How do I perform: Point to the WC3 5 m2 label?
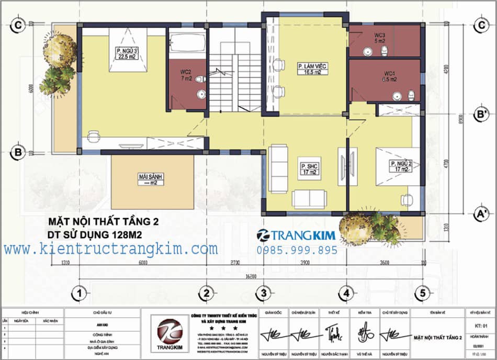[x=380, y=38]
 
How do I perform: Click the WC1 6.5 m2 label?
[x=390, y=76]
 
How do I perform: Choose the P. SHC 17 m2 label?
[x=310, y=170]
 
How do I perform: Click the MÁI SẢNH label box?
[x=150, y=179]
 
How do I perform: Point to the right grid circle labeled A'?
[x=479, y=213]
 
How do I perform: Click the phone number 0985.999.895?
[x=297, y=251]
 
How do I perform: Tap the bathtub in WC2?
[x=188, y=42]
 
